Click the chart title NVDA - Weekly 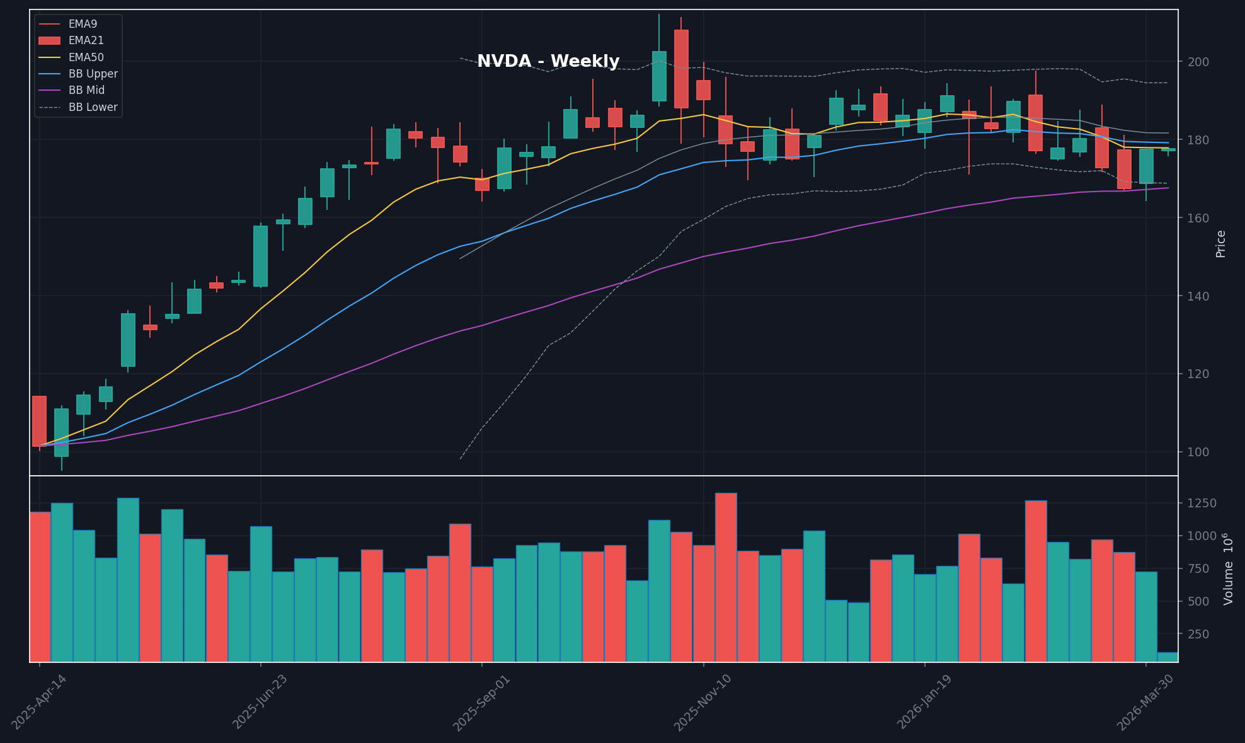[x=548, y=62]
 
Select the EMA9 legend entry [x=83, y=24]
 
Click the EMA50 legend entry [x=86, y=57]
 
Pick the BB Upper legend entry [x=93, y=74]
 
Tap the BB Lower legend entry [x=93, y=107]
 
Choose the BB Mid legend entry [x=86, y=90]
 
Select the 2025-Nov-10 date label [x=703, y=703]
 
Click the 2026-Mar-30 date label [x=1145, y=703]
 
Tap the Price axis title [x=1220, y=243]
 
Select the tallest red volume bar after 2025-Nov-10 [x=726, y=577]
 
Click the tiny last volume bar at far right [x=1168, y=657]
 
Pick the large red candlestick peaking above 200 [x=681, y=69]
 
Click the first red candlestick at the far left [x=39, y=421]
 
